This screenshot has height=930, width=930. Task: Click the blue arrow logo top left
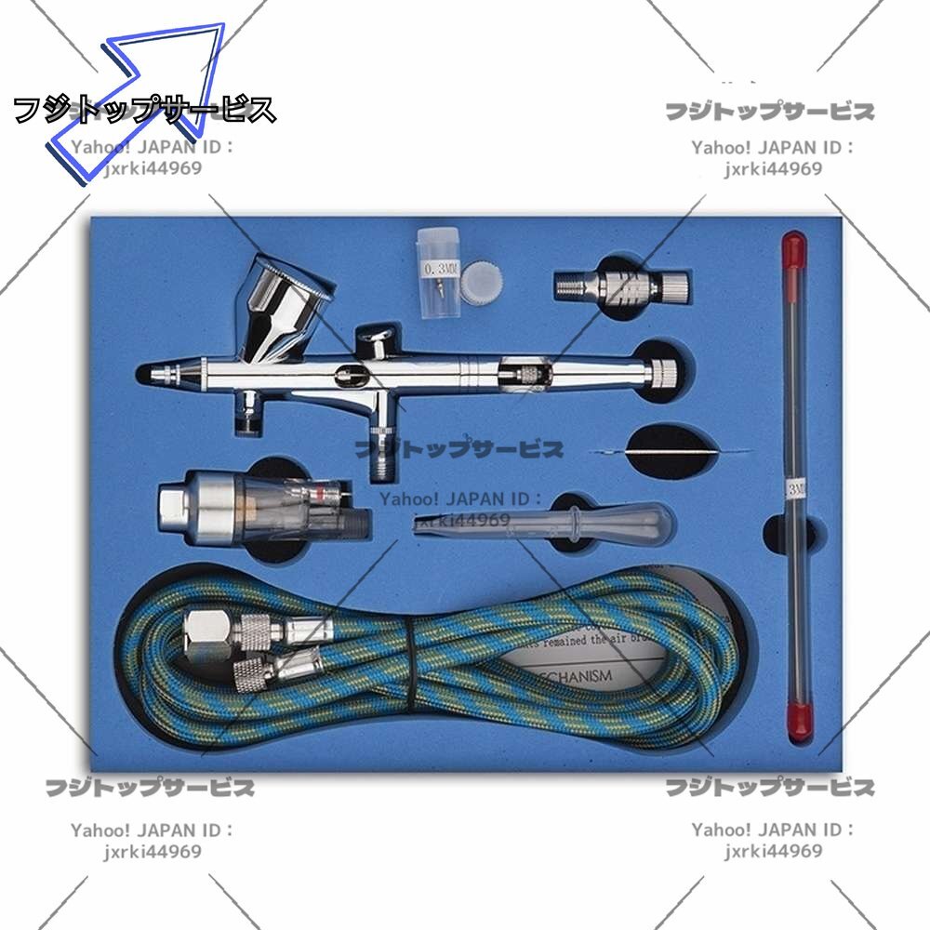click(x=139, y=102)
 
